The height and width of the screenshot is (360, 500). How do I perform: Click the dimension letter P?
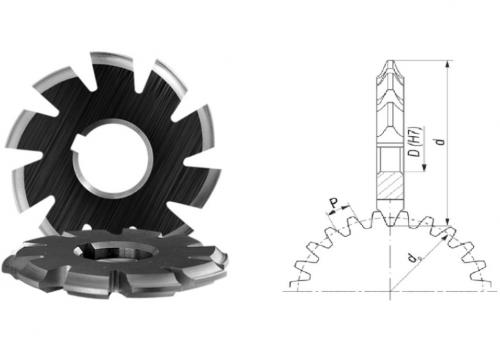334,203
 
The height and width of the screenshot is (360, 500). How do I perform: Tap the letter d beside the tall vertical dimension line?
441,141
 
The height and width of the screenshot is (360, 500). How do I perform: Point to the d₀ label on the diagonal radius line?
413,258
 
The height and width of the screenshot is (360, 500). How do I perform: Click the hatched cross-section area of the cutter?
390,186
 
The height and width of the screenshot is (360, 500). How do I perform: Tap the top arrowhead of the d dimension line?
448,64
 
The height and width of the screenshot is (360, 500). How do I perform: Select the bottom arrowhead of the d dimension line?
448,222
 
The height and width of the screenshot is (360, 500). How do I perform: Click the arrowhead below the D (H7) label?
424,167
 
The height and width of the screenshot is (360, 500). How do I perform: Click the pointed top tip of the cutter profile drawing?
390,61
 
